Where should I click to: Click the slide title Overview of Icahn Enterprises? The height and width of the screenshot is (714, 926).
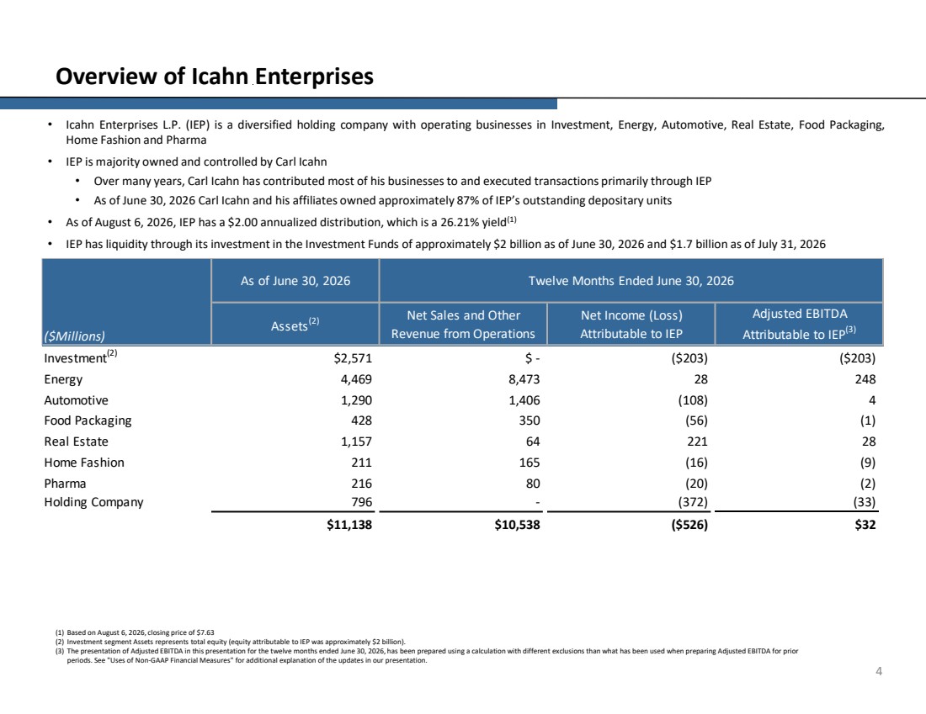215,77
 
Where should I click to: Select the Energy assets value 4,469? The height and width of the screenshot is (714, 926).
356,379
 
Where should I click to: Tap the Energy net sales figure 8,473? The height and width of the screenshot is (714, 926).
524,379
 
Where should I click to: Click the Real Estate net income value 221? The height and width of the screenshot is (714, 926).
698,442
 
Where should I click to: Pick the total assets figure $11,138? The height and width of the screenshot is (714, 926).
349,525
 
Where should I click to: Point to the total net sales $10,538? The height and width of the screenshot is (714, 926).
517,525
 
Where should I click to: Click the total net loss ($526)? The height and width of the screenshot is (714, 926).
689,525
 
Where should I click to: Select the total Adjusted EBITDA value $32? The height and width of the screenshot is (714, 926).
865,525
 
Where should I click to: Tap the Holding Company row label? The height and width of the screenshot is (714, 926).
94,502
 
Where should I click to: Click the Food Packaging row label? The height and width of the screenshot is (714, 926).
88,420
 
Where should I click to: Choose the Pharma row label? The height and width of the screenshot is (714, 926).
65,484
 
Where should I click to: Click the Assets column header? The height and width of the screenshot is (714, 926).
295,325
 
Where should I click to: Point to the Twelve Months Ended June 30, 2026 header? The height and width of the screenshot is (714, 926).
631,281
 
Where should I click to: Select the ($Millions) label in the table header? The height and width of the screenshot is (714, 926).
74,336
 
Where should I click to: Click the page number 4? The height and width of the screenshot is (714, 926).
879,671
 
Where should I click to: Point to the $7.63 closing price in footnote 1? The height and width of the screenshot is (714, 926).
205,632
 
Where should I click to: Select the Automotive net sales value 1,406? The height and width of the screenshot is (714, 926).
524,400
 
